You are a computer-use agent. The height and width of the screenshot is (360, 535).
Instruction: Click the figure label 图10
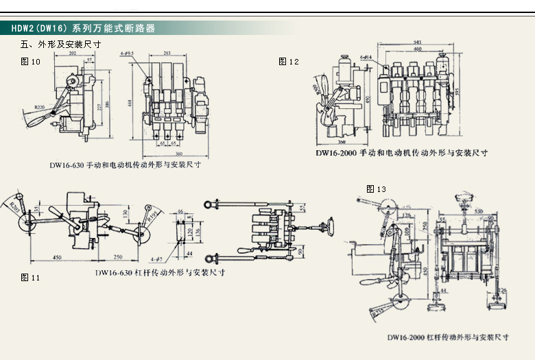click(x=31, y=62)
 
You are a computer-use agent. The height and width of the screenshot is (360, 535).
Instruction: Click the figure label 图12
click(x=289, y=62)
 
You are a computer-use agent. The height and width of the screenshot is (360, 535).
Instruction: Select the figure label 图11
click(x=31, y=278)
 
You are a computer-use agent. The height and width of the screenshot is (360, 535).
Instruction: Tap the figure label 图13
click(x=377, y=189)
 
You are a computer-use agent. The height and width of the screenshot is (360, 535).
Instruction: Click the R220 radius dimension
click(x=43, y=108)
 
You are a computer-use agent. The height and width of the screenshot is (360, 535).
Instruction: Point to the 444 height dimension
click(x=131, y=102)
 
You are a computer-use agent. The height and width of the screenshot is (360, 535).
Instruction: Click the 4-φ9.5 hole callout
click(x=126, y=53)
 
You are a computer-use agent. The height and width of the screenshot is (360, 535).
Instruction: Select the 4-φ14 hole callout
click(x=368, y=57)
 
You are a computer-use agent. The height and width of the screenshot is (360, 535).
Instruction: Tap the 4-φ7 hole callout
click(x=157, y=260)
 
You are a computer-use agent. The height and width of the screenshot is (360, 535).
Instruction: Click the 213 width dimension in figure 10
click(x=168, y=52)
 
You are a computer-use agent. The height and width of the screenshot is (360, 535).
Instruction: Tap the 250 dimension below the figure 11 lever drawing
click(x=118, y=256)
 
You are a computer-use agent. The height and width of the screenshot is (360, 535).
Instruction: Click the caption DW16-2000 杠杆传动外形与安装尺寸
click(x=447, y=337)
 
